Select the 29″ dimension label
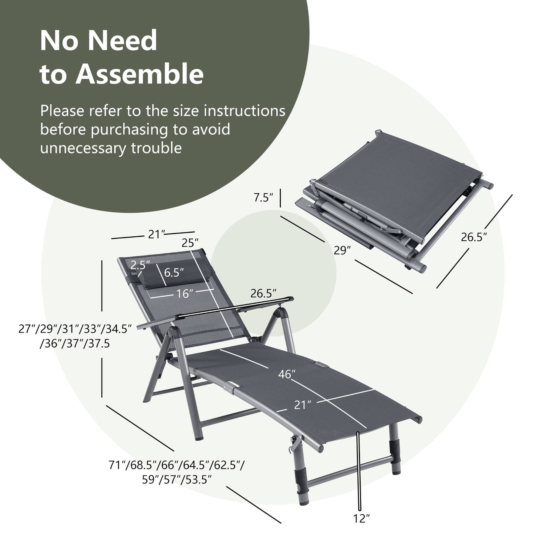[x=342, y=250]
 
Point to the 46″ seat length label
[x=286, y=374]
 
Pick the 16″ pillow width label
[x=183, y=294]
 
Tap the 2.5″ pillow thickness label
[x=140, y=265]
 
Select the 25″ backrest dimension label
[x=190, y=243]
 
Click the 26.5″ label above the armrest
[x=263, y=294]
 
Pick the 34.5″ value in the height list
[x=117, y=329]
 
